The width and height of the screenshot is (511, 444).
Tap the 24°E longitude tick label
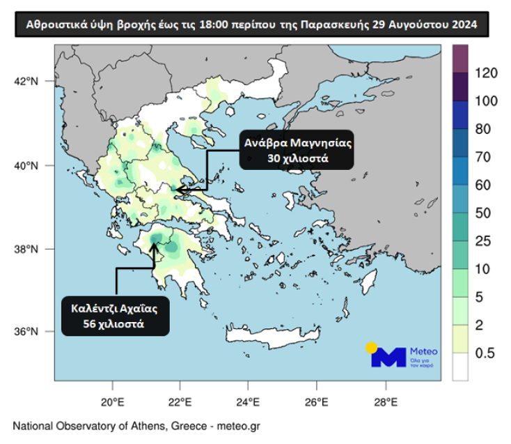pyautogui.click(x=249, y=401)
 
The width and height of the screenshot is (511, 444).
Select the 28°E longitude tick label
pyautogui.click(x=385, y=401)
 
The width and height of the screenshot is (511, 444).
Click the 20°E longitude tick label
pyautogui.click(x=112, y=401)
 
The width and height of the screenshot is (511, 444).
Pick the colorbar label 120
pyautogui.click(x=486, y=72)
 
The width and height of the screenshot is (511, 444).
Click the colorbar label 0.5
pyautogui.click(x=485, y=353)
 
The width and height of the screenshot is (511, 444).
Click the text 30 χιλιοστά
pyautogui.click(x=297, y=159)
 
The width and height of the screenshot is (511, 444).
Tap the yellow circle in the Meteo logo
pyautogui.click(x=372, y=346)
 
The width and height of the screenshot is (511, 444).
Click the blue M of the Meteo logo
pyautogui.click(x=388, y=357)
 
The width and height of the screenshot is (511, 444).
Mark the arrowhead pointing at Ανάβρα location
pyautogui.click(x=179, y=189)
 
